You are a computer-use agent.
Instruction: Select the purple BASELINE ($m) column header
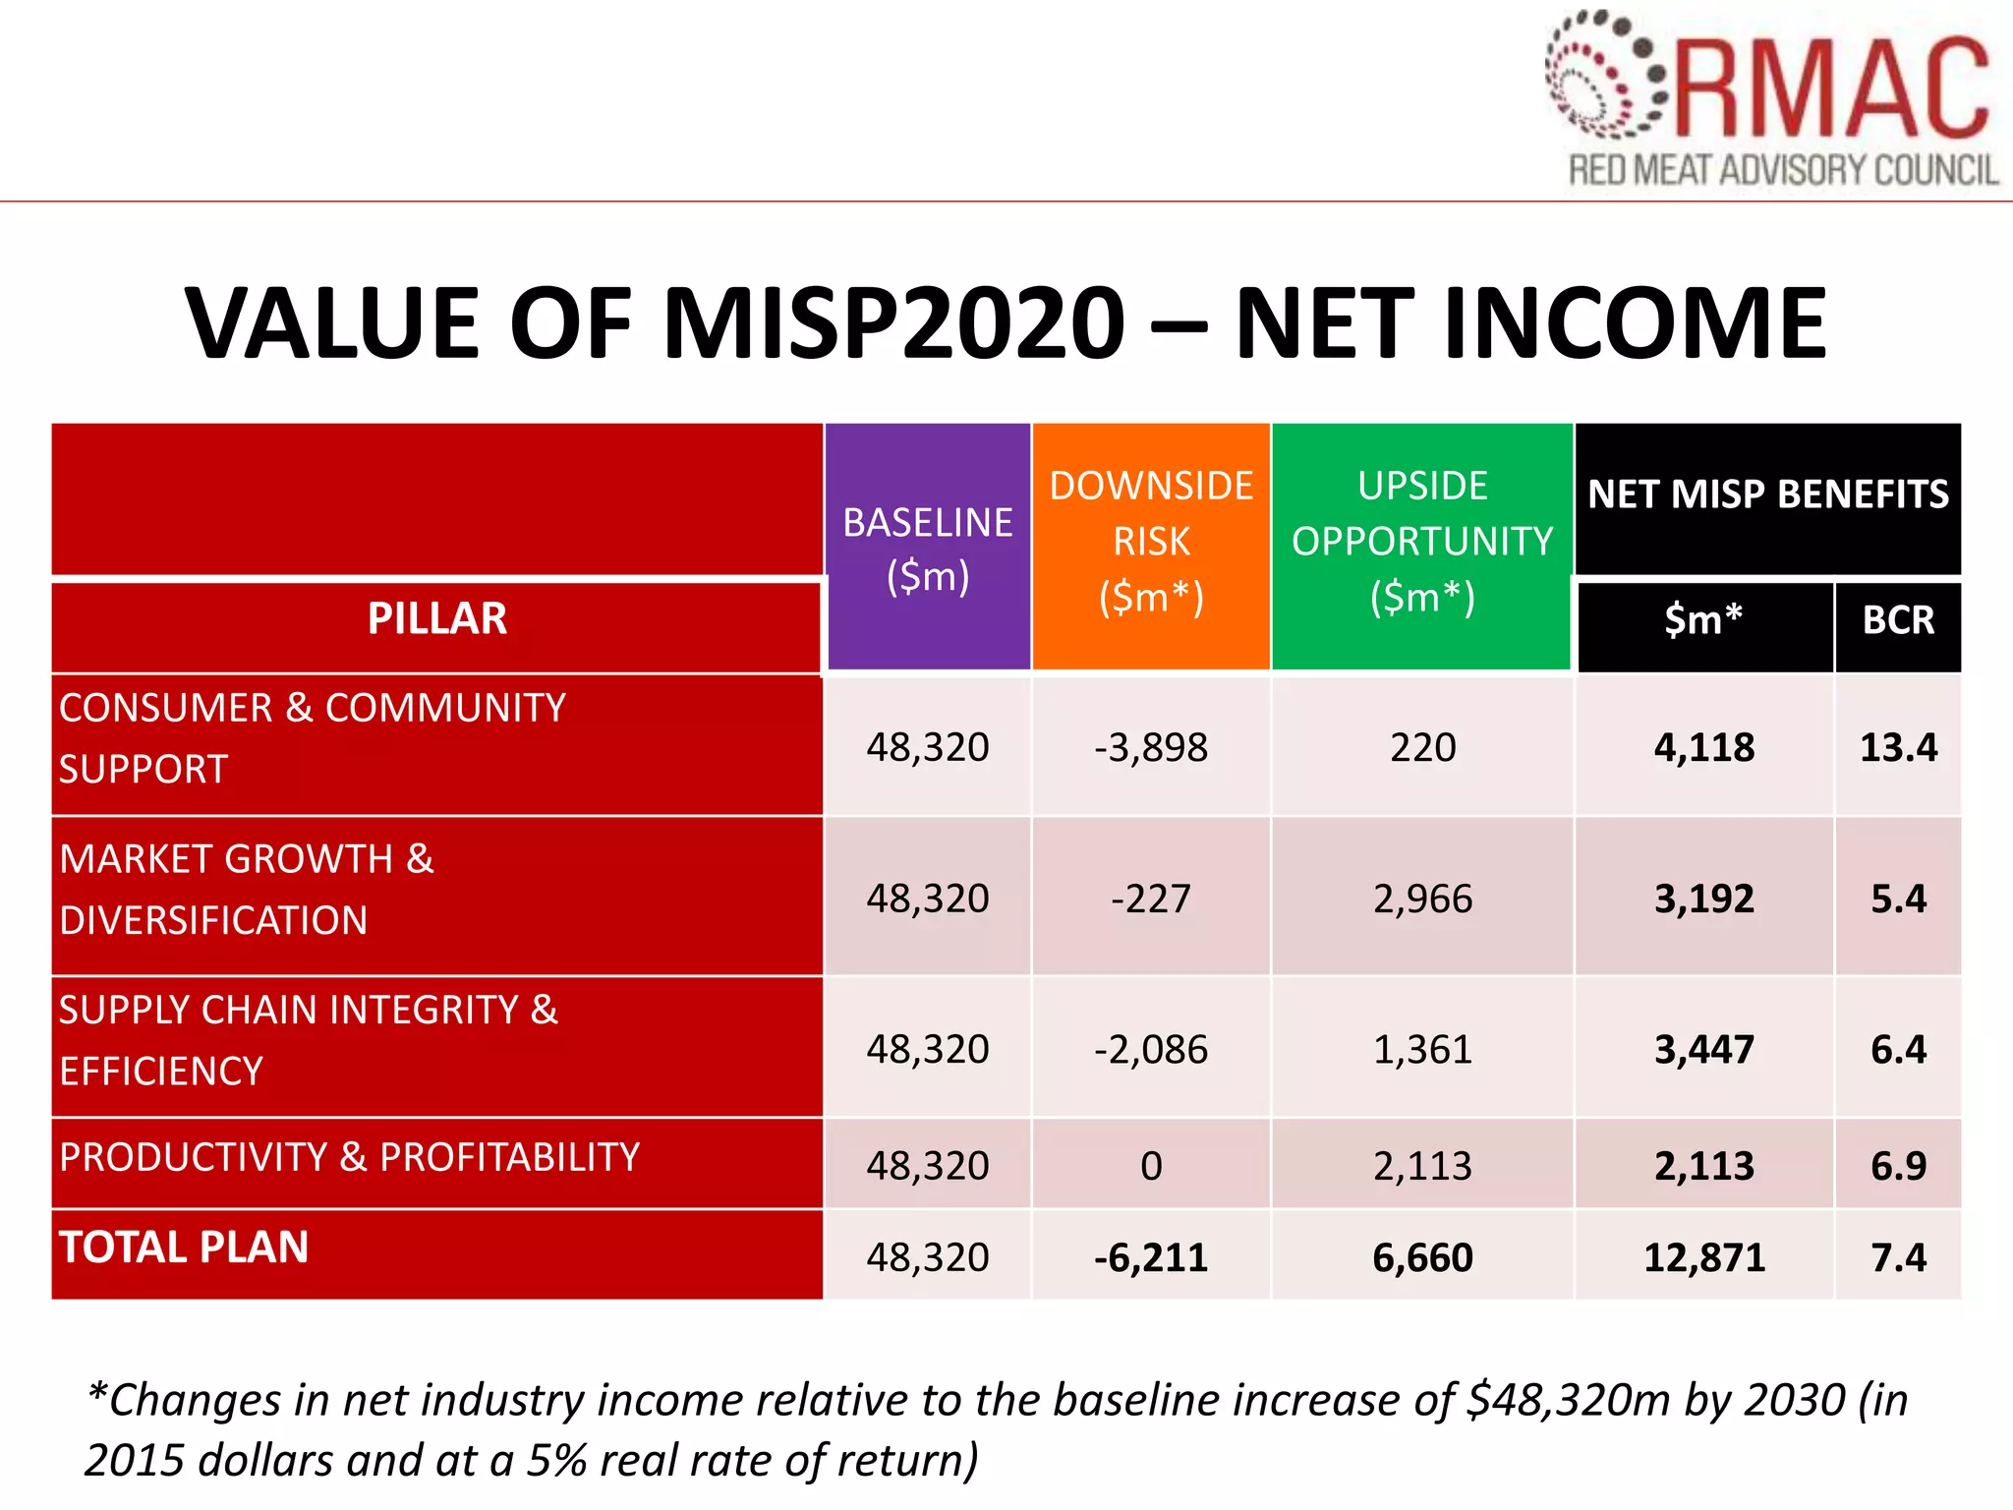pos(928,549)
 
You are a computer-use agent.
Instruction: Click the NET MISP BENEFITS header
pos(1767,494)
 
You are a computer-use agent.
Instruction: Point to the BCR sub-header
pos(1898,620)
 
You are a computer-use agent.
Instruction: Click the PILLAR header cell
pos(436,619)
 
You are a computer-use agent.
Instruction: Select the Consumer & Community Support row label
pos(312,738)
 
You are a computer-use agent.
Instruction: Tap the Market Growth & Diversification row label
pos(246,890)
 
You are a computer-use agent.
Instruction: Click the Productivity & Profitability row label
pos(349,1158)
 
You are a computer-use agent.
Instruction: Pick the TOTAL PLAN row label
pos(184,1248)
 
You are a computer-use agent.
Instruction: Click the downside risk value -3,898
pos(1151,748)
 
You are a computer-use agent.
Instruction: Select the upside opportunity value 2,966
pos(1422,900)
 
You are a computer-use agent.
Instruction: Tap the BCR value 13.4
pos(1898,748)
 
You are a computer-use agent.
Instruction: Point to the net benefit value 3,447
pos(1704,1050)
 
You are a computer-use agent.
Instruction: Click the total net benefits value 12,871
pos(1704,1258)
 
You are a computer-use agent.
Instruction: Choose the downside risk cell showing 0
pos(1151,1167)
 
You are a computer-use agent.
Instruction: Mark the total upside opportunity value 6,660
pos(1422,1258)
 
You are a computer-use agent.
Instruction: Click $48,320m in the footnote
pos(1568,1400)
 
